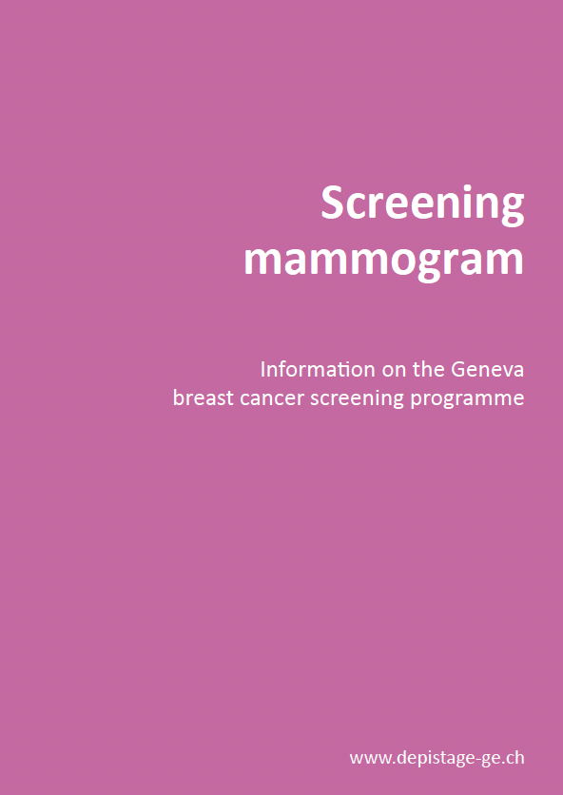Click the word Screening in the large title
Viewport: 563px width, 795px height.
[422, 204]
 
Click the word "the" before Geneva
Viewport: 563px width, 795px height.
[429, 369]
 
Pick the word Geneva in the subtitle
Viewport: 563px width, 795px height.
[488, 369]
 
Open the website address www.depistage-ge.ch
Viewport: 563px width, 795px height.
[437, 759]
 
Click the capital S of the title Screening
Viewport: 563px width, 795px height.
[334, 202]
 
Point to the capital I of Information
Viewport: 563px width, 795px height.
[262, 370]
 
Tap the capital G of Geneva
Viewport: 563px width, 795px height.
[458, 370]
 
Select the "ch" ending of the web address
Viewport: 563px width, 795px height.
[515, 759]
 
